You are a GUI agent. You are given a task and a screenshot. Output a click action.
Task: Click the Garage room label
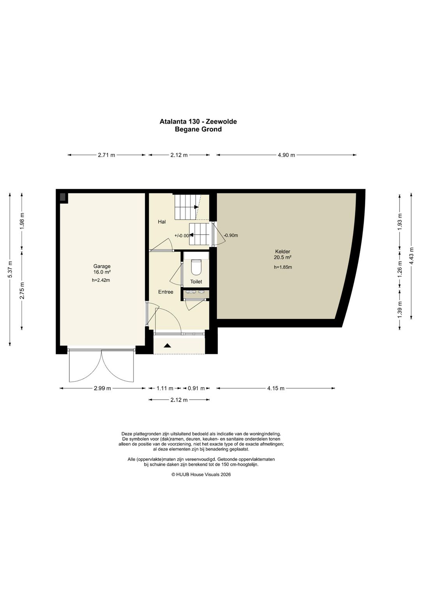tap(102, 266)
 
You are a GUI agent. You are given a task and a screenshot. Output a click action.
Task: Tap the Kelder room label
tap(283, 251)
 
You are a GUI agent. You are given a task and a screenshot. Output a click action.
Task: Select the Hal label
tap(162, 221)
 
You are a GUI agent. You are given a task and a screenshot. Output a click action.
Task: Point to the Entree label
tap(166, 292)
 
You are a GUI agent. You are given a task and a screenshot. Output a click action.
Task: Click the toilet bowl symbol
tap(196, 267)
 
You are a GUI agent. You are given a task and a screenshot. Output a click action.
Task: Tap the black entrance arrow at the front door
tap(167, 345)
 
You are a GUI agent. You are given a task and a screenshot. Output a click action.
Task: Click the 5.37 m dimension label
tap(10, 269)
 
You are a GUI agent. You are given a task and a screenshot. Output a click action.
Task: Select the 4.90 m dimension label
tap(287, 155)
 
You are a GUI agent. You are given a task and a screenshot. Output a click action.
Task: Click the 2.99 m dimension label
tap(102, 388)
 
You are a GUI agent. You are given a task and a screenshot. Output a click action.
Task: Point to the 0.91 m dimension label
tap(196, 388)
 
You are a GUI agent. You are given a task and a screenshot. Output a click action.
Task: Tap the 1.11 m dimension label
tap(165, 388)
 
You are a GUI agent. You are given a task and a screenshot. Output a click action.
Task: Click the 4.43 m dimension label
tap(412, 256)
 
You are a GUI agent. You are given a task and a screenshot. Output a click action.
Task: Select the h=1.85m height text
tap(283, 267)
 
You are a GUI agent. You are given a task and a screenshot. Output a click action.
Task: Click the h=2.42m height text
tap(101, 280)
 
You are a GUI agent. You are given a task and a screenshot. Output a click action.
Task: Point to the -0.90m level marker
tap(231, 236)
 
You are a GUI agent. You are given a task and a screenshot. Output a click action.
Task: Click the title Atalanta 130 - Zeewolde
tap(198, 121)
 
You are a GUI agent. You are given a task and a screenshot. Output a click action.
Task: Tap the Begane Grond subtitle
tap(198, 129)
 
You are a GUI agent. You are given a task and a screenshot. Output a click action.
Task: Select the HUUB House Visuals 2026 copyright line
tap(201, 475)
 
